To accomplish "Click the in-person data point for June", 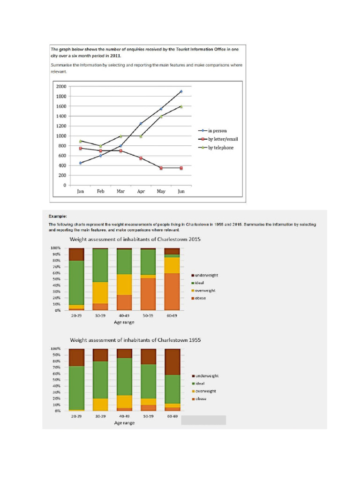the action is pyautogui.click(x=181, y=91).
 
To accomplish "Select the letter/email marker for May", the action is pyautogui.click(x=161, y=168).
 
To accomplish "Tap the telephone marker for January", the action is pyautogui.click(x=80, y=141).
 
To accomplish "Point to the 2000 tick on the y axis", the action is pyautogui.click(x=61, y=86).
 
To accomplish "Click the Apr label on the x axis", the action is pyautogui.click(x=141, y=191).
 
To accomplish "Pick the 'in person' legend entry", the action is pyautogui.click(x=212, y=131).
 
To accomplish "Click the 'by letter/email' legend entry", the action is pyautogui.click(x=218, y=139).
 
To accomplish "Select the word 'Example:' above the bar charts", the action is pyautogui.click(x=58, y=216).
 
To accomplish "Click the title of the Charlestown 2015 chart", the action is pyautogui.click(x=135, y=239).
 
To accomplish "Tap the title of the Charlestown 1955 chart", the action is pyautogui.click(x=135, y=340).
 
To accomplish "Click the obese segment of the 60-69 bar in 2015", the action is pyautogui.click(x=172, y=292).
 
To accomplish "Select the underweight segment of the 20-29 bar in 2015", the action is pyautogui.click(x=76, y=255).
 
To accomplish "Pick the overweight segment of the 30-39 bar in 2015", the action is pyautogui.click(x=100, y=292).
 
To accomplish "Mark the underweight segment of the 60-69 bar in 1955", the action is pyautogui.click(x=172, y=362).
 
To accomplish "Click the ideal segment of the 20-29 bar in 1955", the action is pyautogui.click(x=76, y=388).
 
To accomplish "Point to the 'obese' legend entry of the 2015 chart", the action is pyautogui.click(x=199, y=298).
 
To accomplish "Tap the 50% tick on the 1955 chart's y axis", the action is pyautogui.click(x=57, y=380).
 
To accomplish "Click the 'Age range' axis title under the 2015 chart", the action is pyautogui.click(x=124, y=322).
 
